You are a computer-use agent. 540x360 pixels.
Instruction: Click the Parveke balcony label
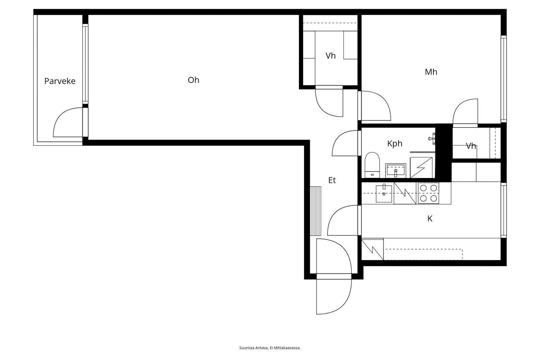point(60,81)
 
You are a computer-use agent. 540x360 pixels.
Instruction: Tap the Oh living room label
point(193,80)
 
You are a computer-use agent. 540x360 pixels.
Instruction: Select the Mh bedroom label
point(431,72)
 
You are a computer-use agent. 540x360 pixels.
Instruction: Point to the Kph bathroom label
point(395,144)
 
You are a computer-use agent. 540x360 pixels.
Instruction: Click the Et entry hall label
point(332,180)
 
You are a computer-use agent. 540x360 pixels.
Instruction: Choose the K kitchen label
point(430,219)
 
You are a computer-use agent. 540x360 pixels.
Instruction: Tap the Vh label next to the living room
point(330,56)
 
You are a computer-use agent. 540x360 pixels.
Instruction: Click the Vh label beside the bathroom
point(471,146)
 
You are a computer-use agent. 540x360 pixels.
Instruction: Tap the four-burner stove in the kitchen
point(428,193)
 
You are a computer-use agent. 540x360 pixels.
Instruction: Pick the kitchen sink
point(384,193)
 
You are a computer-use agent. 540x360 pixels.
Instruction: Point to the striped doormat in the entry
point(316,211)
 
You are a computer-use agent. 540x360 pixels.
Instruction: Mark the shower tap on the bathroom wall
point(432,138)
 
